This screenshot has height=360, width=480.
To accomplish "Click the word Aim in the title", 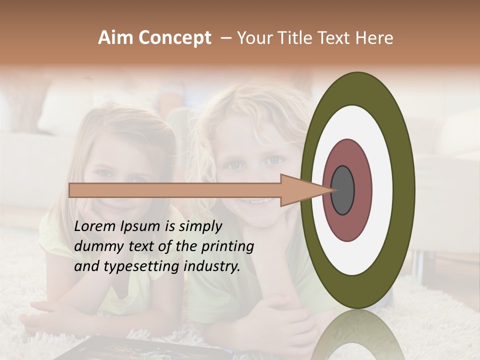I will click(x=116, y=38).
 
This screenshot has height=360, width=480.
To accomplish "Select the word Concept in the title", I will click(x=174, y=38).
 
